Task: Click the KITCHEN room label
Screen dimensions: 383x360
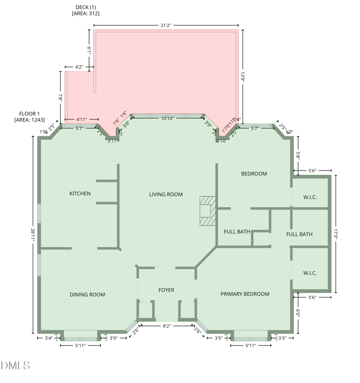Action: [80, 194]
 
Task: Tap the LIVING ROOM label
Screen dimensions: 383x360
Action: [166, 194]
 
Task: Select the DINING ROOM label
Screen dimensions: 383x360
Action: [87, 295]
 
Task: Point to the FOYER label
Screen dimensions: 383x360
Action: [166, 290]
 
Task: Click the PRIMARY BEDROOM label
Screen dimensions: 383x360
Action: [245, 294]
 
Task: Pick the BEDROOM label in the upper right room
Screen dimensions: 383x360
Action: [254, 174]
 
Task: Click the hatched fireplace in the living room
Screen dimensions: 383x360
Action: [207, 211]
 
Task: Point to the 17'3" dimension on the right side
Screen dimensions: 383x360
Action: [335, 234]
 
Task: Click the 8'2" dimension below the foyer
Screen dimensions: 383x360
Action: [166, 325]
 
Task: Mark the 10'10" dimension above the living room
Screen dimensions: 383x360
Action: [167, 119]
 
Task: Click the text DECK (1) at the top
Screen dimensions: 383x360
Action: [85, 7]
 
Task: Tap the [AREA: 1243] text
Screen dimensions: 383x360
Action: [30, 120]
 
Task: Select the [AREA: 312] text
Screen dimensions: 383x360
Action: [85, 14]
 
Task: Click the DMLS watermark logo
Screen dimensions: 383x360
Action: [15, 365]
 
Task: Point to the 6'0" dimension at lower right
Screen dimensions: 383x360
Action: [298, 313]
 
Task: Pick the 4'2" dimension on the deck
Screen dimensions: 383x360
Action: [79, 67]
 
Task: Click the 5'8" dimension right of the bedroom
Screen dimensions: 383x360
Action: [297, 155]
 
